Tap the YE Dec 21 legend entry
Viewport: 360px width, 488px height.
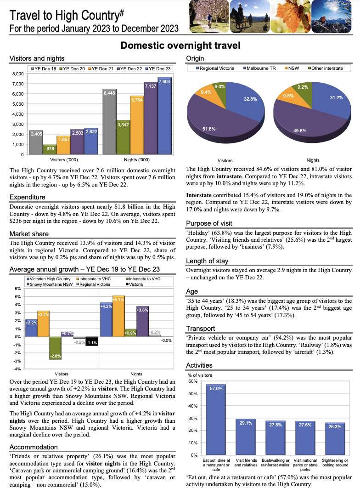click(x=101, y=68)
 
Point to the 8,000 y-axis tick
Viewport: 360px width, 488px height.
click(x=17, y=74)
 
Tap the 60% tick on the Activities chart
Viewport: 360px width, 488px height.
click(x=193, y=381)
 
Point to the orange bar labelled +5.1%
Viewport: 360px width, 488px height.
click(x=118, y=317)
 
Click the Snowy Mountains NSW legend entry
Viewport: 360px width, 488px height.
click(x=49, y=284)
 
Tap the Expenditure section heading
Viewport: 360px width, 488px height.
click(x=27, y=197)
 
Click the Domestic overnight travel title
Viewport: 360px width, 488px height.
click(x=180, y=45)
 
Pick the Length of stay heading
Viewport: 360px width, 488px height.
click(x=207, y=261)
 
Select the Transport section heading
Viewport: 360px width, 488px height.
click(x=201, y=329)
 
